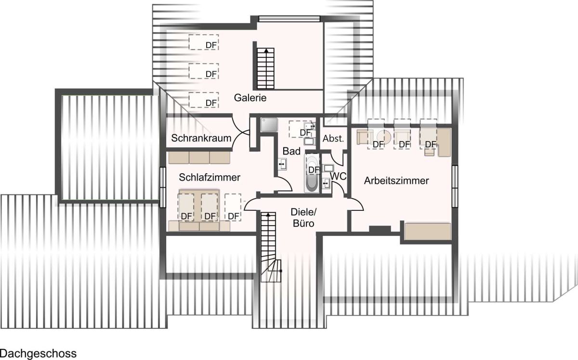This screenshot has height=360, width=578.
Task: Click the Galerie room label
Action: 250,98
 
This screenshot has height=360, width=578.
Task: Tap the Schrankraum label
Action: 201,138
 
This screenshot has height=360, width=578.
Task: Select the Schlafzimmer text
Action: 210,178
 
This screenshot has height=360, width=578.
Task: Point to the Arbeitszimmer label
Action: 396,181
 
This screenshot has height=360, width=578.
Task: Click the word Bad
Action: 291,151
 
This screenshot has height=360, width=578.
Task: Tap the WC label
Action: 338,176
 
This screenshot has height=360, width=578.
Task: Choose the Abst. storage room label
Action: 333,139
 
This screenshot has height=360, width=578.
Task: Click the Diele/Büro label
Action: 303,218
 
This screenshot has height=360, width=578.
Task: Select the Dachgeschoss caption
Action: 38,354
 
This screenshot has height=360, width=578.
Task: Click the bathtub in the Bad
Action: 312,173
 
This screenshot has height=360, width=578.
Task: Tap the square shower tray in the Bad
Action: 269,125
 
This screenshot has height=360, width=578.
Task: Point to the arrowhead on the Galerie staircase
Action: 266,51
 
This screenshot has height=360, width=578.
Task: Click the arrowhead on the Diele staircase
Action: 268,214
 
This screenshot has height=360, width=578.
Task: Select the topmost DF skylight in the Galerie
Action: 204,42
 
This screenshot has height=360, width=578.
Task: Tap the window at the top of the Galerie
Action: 289,19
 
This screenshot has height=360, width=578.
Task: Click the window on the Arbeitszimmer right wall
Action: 455,186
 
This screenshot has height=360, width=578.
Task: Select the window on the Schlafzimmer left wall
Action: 163,187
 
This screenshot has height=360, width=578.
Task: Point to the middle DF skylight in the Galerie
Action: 204,71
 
